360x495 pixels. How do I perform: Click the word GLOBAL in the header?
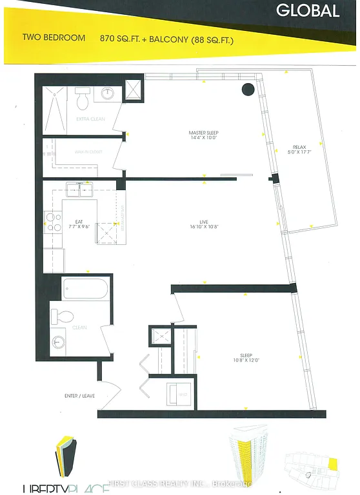point(308,10)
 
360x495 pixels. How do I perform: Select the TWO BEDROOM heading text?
point(54,38)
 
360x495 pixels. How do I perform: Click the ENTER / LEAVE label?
point(80,395)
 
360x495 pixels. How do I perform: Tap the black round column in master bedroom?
point(248,91)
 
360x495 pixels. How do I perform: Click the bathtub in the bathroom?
point(86,289)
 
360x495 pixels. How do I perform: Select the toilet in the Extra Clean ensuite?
point(83,100)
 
